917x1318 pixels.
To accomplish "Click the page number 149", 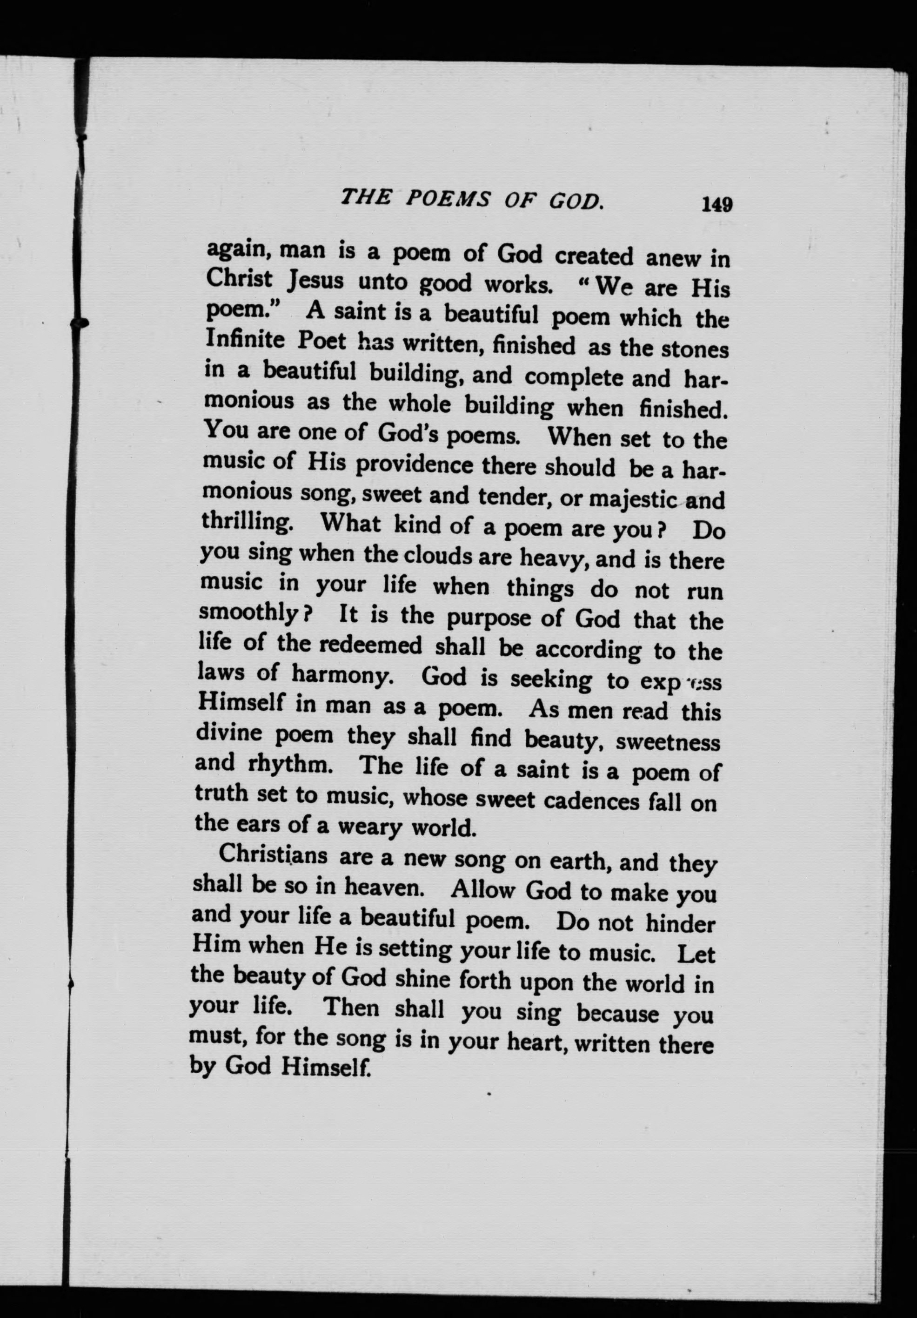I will coord(716,204).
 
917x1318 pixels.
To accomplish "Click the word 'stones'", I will coord(695,349).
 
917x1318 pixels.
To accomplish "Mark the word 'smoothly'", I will coord(250,614).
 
